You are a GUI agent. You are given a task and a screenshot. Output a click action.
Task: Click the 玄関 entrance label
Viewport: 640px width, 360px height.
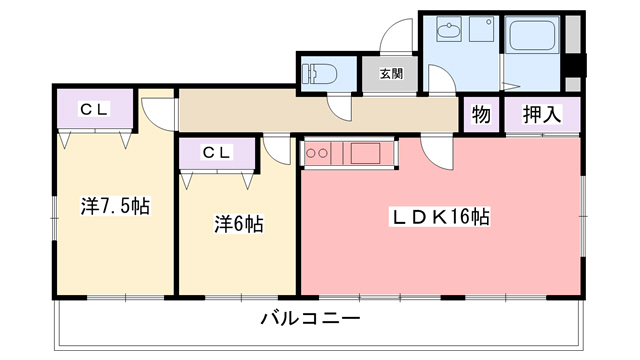point(390,74)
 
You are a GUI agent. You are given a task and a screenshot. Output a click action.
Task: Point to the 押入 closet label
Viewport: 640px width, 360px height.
point(541,114)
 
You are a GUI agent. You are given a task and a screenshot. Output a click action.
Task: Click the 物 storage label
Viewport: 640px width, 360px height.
point(481,114)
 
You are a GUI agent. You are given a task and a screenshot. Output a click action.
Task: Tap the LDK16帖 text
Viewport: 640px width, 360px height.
point(441,216)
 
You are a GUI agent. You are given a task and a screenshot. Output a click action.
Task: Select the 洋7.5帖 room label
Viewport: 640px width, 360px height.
point(115,207)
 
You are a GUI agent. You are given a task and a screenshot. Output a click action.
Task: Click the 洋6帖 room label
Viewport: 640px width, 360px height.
point(238,224)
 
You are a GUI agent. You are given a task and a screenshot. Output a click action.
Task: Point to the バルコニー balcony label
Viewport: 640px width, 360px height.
point(310,321)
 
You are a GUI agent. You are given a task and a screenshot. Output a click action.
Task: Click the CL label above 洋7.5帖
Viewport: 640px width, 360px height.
point(94,109)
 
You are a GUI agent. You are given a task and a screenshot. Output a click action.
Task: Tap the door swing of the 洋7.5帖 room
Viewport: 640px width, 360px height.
point(156,109)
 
